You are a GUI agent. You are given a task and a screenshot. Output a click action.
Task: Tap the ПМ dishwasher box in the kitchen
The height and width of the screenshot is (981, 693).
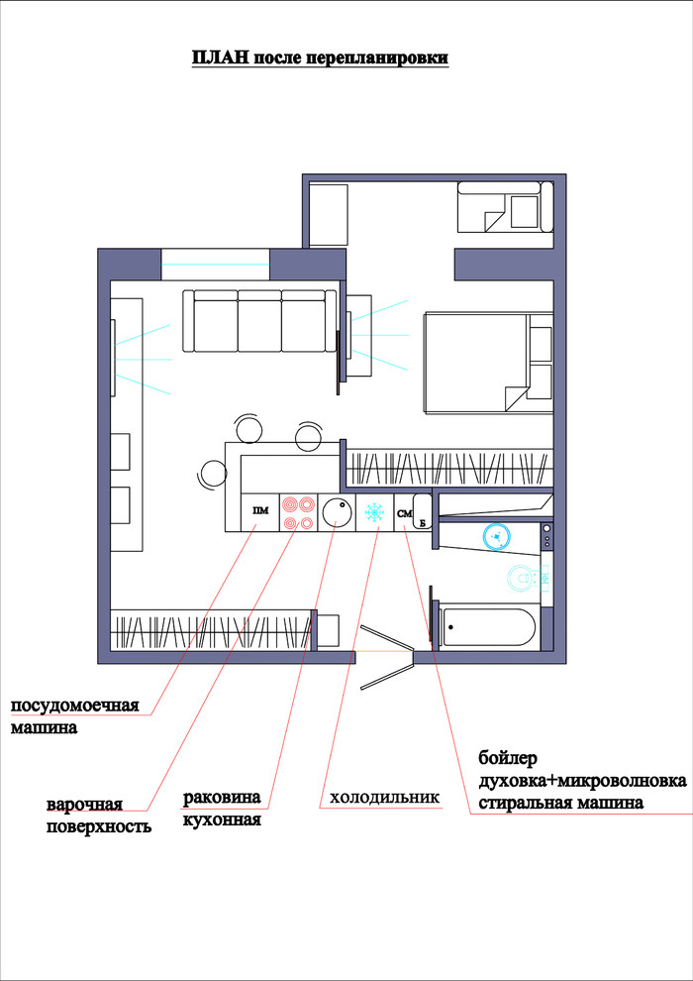click(260, 512)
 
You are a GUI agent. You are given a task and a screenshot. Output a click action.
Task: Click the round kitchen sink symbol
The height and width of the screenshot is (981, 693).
click(337, 511)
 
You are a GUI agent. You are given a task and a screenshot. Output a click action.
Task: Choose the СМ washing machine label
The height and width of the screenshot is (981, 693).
click(404, 513)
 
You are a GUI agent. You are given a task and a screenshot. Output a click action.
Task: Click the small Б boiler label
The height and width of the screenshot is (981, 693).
click(423, 522)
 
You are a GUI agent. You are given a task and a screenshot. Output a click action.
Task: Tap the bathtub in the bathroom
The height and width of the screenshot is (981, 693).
click(487, 627)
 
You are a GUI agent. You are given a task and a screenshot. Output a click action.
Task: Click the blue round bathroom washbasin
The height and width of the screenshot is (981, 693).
click(497, 536)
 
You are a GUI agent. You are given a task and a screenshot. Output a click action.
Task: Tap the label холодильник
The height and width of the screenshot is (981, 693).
click(385, 798)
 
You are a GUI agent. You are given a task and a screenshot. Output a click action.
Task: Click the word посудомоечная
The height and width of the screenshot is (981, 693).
click(74, 707)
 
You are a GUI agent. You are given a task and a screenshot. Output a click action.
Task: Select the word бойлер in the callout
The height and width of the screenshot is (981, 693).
click(508, 759)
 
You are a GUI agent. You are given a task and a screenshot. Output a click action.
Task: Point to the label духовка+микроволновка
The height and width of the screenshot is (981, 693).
click(583, 781)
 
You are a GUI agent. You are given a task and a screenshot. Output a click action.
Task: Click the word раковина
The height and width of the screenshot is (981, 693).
click(222, 798)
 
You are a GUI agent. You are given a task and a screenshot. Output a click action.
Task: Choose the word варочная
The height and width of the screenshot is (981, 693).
click(85, 804)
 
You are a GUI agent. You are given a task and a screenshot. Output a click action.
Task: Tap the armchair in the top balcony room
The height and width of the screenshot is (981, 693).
click(506, 207)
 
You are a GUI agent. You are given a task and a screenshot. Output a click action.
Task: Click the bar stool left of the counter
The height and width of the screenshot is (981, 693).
click(213, 476)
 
